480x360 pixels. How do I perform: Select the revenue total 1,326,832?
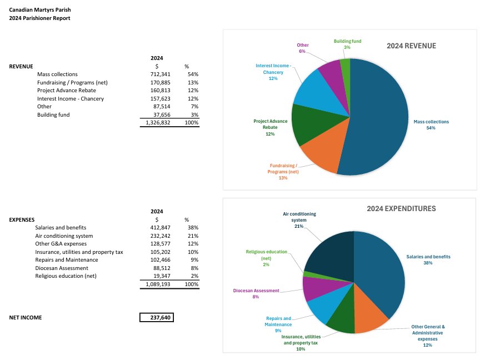158,122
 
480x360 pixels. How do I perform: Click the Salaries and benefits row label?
61,227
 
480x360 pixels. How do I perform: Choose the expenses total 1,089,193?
158,283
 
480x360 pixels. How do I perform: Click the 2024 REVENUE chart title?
411,46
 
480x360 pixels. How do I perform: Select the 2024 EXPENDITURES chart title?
401,209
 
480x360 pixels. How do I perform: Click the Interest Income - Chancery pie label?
273,72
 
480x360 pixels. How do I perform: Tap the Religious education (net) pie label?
266,258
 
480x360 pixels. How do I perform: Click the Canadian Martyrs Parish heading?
40,10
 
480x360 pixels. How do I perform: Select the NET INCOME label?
26,318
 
